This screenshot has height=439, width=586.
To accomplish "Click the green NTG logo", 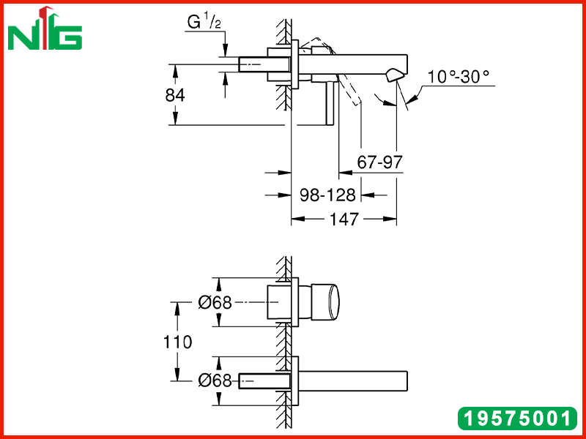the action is pos(45,29).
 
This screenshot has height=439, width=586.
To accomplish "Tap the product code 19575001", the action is pos(517,418).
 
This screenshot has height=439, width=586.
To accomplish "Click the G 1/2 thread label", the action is pos(204,23).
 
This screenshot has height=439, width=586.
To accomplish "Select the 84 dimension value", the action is pos(175,95).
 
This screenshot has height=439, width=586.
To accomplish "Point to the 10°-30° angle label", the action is pos(459,77).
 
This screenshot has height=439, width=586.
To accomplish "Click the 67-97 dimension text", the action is pos(379,162).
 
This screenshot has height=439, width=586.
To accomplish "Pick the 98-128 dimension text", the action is pos(327,195).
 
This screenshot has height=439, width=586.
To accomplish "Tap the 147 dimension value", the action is pos(344,219).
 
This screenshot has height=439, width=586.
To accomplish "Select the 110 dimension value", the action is pos(177,342).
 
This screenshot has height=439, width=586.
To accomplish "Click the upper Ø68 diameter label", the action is pos(215,302).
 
